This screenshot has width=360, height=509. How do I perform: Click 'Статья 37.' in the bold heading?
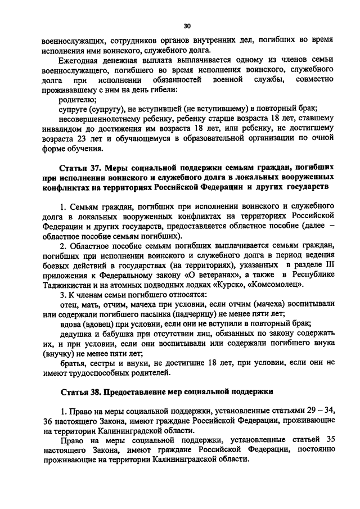point(82,168)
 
